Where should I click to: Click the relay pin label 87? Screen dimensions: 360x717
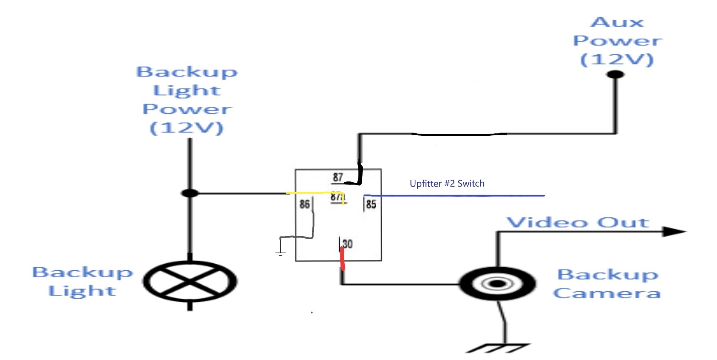point(338,177)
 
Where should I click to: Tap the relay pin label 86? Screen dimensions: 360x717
point(304,204)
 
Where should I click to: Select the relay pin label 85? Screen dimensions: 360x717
point(371,204)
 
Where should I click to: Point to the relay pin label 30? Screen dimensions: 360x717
point(347,243)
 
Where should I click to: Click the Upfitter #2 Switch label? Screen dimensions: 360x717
point(447,183)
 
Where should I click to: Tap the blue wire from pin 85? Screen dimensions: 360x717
point(453,196)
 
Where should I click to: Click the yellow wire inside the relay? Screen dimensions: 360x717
point(314,193)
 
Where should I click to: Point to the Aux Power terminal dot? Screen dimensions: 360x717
point(616,74)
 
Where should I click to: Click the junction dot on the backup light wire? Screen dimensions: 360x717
point(190,193)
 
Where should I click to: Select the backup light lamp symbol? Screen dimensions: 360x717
point(190,281)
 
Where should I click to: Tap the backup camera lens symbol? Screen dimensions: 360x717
point(497,283)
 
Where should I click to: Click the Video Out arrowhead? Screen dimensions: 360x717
point(673,231)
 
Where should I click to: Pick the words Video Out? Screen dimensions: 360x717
point(578,223)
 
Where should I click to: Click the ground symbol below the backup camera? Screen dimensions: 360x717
point(497,348)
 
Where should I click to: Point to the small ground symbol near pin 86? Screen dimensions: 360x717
point(280,253)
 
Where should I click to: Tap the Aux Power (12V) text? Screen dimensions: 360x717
point(617,41)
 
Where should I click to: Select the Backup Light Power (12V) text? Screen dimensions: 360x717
point(187,100)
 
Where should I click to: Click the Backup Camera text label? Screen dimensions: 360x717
point(607,284)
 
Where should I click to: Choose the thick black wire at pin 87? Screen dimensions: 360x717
point(359,174)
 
